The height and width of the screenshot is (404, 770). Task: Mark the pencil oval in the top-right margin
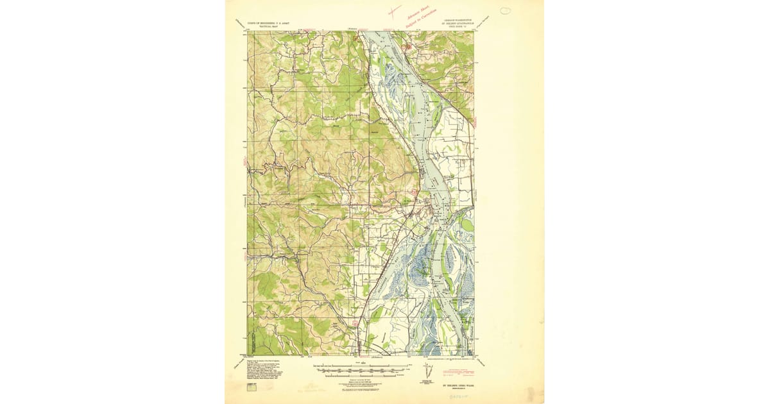click(506, 11)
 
